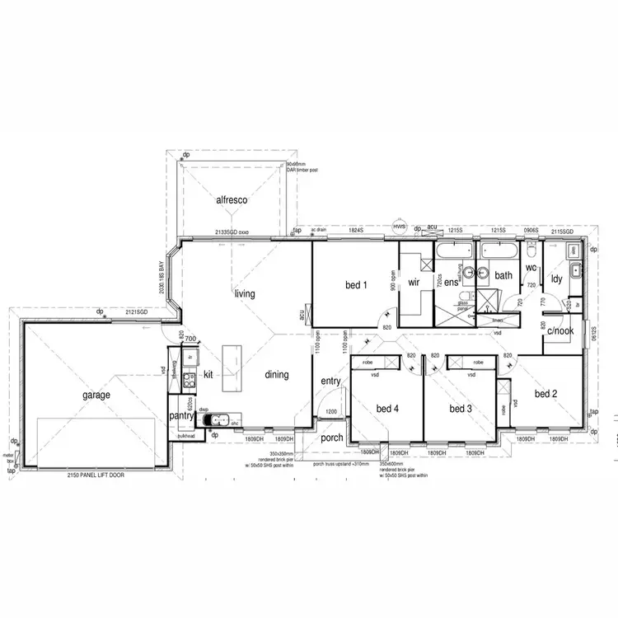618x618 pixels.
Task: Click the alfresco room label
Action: coord(232,200)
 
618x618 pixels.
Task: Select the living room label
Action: coord(245,293)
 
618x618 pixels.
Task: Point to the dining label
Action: coord(277,375)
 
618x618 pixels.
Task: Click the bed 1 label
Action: coord(355,285)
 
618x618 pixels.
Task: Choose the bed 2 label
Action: coord(546,394)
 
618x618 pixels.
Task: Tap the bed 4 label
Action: coord(387,409)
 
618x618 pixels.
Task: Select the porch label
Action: coord(332,438)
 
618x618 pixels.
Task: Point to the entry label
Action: coord(330,381)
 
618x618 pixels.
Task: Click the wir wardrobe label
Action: coord(414,282)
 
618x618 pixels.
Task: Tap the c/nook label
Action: coord(560,331)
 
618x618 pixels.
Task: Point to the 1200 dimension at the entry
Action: coord(331,411)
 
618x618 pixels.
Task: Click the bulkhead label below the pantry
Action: coord(185,435)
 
